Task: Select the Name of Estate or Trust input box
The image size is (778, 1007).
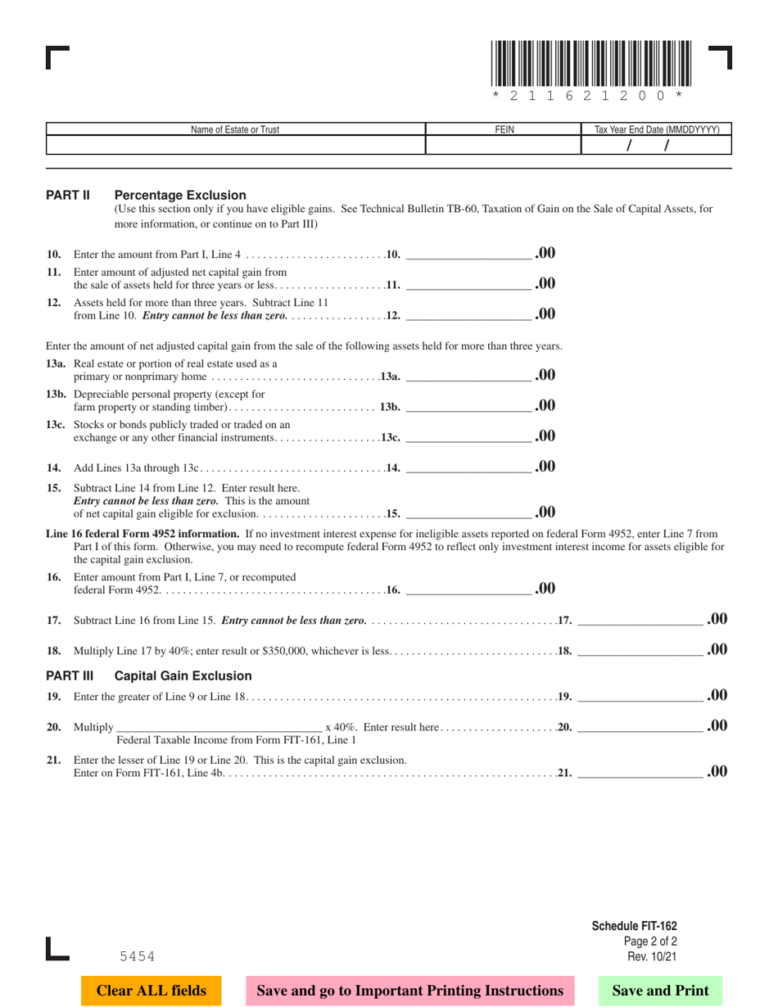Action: tap(236, 145)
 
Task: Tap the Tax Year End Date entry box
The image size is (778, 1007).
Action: tap(655, 145)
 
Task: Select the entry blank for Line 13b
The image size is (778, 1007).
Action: tap(468, 405)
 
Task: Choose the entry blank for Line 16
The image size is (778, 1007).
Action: tap(468, 588)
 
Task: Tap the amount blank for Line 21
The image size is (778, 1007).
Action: tap(640, 770)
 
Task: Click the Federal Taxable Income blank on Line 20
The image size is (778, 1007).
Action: tap(220, 725)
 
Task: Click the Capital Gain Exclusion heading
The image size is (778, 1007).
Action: tap(183, 676)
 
